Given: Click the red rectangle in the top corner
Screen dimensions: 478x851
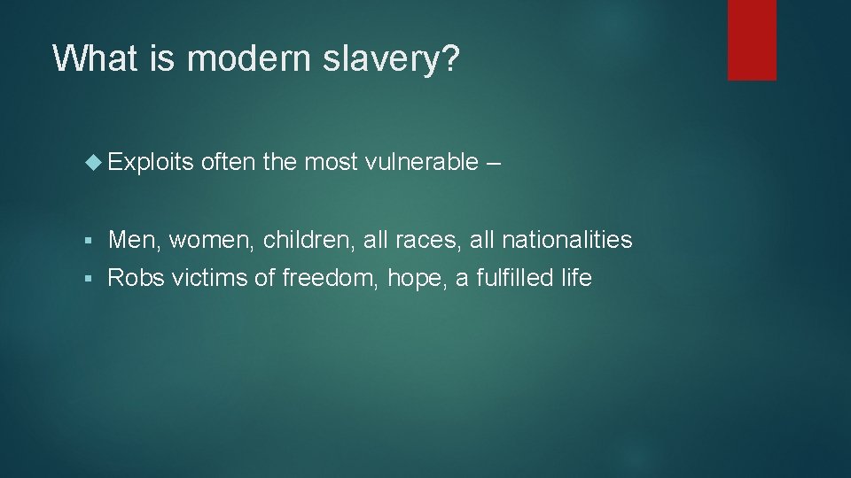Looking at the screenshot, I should pos(752,40).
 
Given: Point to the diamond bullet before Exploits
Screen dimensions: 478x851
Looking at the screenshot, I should pos(98,162).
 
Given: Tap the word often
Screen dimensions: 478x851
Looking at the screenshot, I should pos(228,162).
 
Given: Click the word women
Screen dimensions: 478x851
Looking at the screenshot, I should pos(211,240).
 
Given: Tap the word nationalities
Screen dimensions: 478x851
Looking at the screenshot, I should pos(566,239).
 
